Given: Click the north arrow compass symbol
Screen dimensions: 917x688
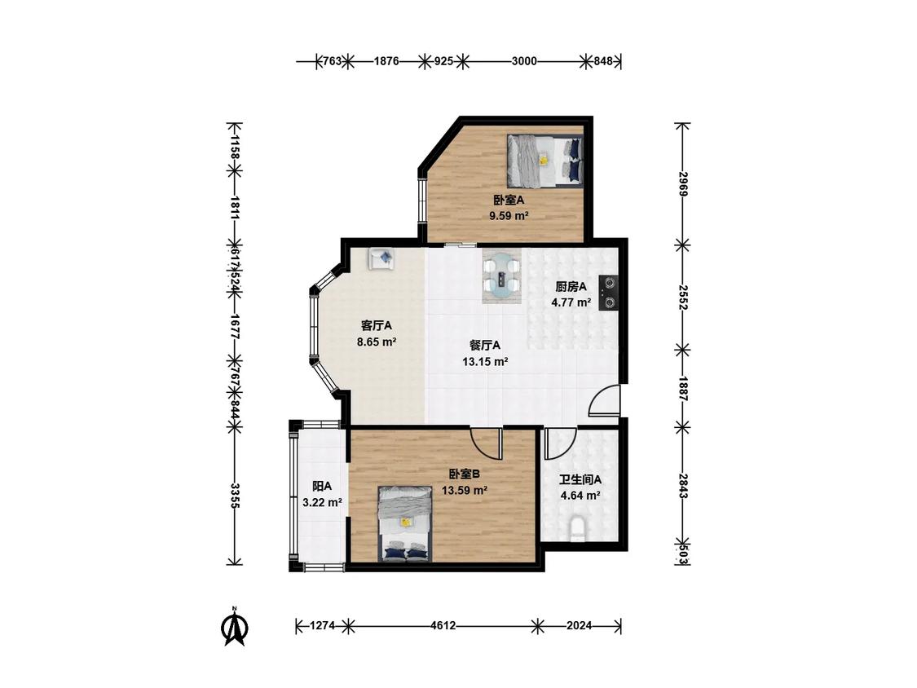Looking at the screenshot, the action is (x=234, y=627).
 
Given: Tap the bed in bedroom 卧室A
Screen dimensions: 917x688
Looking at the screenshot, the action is (x=545, y=161).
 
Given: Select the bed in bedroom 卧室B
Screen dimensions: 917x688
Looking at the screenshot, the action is (x=405, y=523).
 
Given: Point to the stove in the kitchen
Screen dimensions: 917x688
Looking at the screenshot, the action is (x=609, y=293).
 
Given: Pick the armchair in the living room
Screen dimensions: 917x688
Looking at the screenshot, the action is (x=381, y=258).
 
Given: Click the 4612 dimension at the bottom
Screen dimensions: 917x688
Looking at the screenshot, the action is (x=443, y=625).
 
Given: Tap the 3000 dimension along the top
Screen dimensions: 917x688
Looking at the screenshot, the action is (x=524, y=61).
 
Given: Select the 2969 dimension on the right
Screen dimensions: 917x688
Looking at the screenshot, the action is (x=682, y=183).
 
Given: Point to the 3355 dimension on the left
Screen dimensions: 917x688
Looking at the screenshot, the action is (x=234, y=495).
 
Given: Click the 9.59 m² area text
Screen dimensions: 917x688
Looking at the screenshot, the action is (x=509, y=215).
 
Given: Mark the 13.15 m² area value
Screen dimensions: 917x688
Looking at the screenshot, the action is (x=485, y=362).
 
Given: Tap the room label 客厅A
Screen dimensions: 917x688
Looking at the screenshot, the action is (x=377, y=325).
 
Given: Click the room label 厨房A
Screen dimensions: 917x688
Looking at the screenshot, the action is (x=571, y=287).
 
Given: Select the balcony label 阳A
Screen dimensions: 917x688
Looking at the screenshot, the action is (x=322, y=486).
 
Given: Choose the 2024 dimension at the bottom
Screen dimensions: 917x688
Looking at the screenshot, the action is (x=579, y=625).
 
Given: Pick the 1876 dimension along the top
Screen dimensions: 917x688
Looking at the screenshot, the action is (x=386, y=61).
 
